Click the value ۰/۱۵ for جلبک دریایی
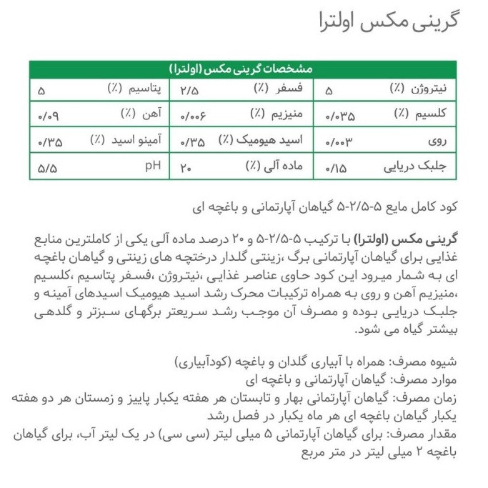click(335, 169)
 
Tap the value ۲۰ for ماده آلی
click(186, 168)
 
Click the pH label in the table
click(152, 166)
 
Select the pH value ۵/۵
click(47, 168)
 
